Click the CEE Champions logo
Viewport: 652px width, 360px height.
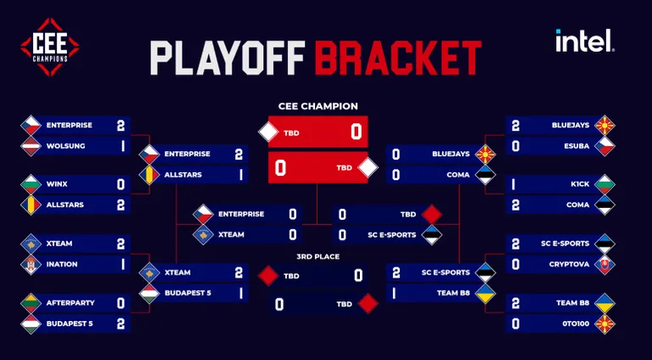(50, 47)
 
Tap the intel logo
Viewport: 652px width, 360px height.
(585, 40)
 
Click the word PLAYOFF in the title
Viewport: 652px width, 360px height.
(228, 58)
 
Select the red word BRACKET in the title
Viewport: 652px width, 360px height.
(398, 58)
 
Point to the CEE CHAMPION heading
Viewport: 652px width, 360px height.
(318, 106)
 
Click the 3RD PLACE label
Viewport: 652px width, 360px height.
(318, 256)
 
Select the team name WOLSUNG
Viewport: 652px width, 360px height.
(65, 146)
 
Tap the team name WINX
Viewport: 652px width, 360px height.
(57, 183)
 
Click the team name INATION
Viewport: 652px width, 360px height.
(62, 264)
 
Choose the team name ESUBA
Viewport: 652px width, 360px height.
(576, 146)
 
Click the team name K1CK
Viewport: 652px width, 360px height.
(580, 183)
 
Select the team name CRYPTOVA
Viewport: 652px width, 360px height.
(570, 264)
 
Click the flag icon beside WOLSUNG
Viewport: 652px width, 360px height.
(31, 146)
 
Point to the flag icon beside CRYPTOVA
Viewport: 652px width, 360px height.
(604, 264)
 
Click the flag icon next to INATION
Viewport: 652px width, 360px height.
(31, 264)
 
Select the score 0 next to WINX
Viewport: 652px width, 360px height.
(121, 184)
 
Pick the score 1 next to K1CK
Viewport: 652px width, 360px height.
(514, 184)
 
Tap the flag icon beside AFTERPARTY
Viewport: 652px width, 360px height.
(31, 303)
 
